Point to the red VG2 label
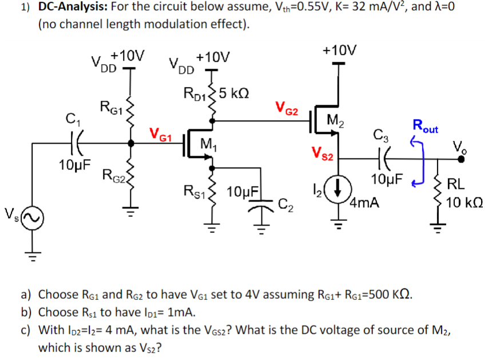(286, 107)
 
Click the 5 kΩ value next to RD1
(235, 93)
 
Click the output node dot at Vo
(462, 160)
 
